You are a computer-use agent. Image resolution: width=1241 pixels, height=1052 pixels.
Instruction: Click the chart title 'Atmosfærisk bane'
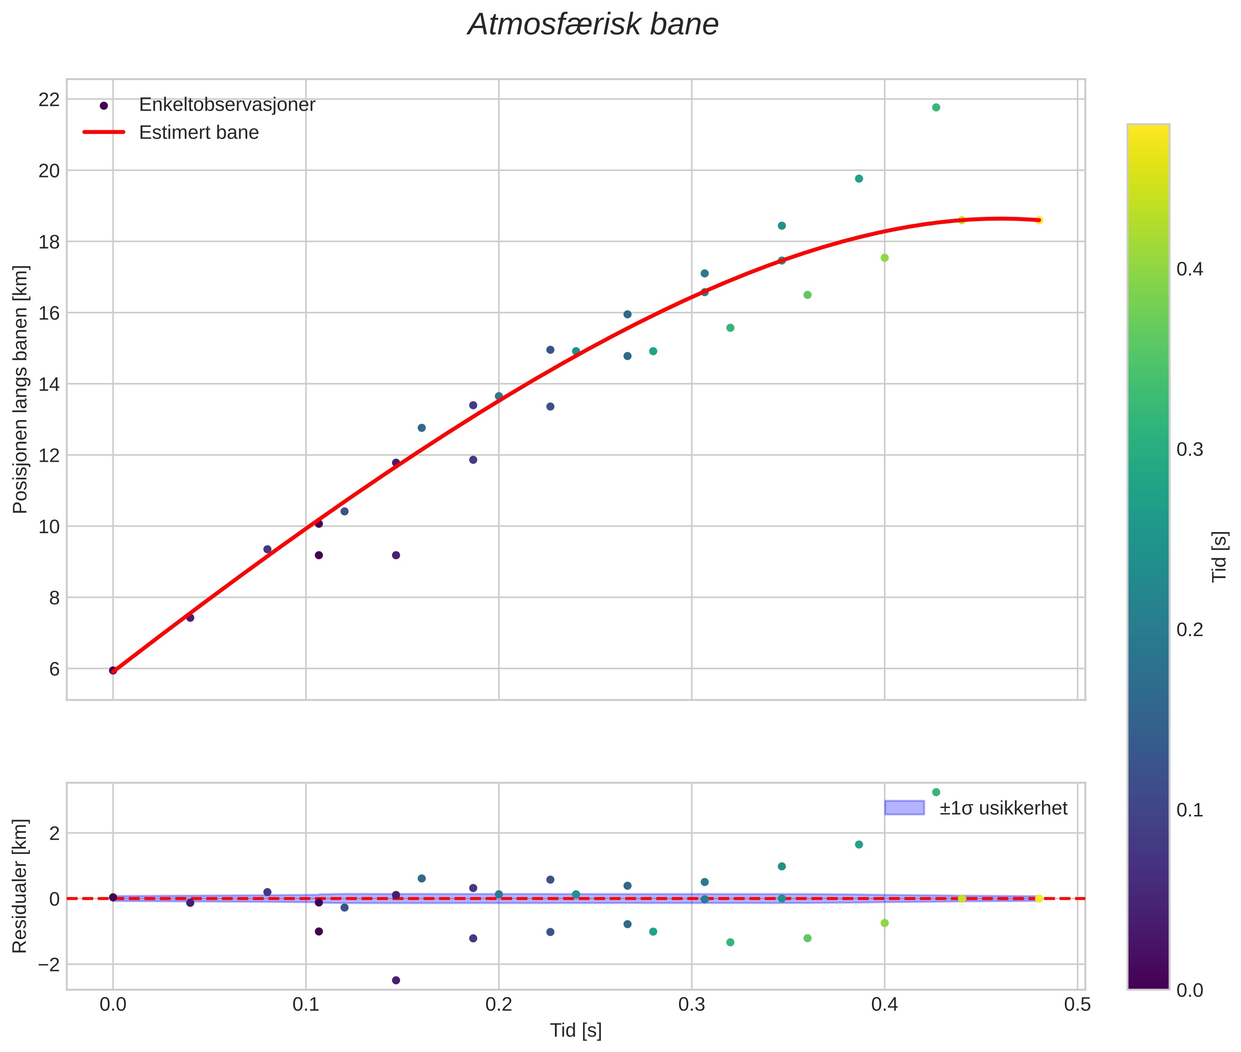click(593, 25)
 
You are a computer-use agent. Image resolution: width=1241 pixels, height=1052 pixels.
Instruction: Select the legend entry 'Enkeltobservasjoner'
click(227, 105)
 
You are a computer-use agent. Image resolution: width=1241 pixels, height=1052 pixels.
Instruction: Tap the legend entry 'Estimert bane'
click(199, 133)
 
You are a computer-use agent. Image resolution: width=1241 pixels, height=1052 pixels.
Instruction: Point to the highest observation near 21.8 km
click(936, 107)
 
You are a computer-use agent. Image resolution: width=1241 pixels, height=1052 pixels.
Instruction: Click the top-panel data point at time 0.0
click(113, 670)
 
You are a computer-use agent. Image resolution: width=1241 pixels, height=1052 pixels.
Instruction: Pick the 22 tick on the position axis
click(49, 100)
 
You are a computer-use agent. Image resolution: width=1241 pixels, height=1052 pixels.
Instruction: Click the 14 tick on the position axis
click(49, 384)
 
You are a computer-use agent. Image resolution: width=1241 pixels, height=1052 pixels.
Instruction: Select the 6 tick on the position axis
click(54, 669)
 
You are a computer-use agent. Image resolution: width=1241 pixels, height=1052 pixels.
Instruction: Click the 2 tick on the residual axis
click(54, 833)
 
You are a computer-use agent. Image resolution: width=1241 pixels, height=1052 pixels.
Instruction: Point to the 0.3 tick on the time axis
click(691, 1005)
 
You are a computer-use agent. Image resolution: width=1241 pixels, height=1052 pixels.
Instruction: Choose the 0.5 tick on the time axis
click(1077, 1005)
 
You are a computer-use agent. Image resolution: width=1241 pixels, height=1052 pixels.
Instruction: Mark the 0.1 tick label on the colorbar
click(1189, 810)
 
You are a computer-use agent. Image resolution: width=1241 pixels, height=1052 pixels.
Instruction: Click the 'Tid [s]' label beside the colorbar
click(1219, 556)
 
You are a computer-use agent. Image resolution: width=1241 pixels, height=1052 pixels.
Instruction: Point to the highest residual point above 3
click(936, 793)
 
